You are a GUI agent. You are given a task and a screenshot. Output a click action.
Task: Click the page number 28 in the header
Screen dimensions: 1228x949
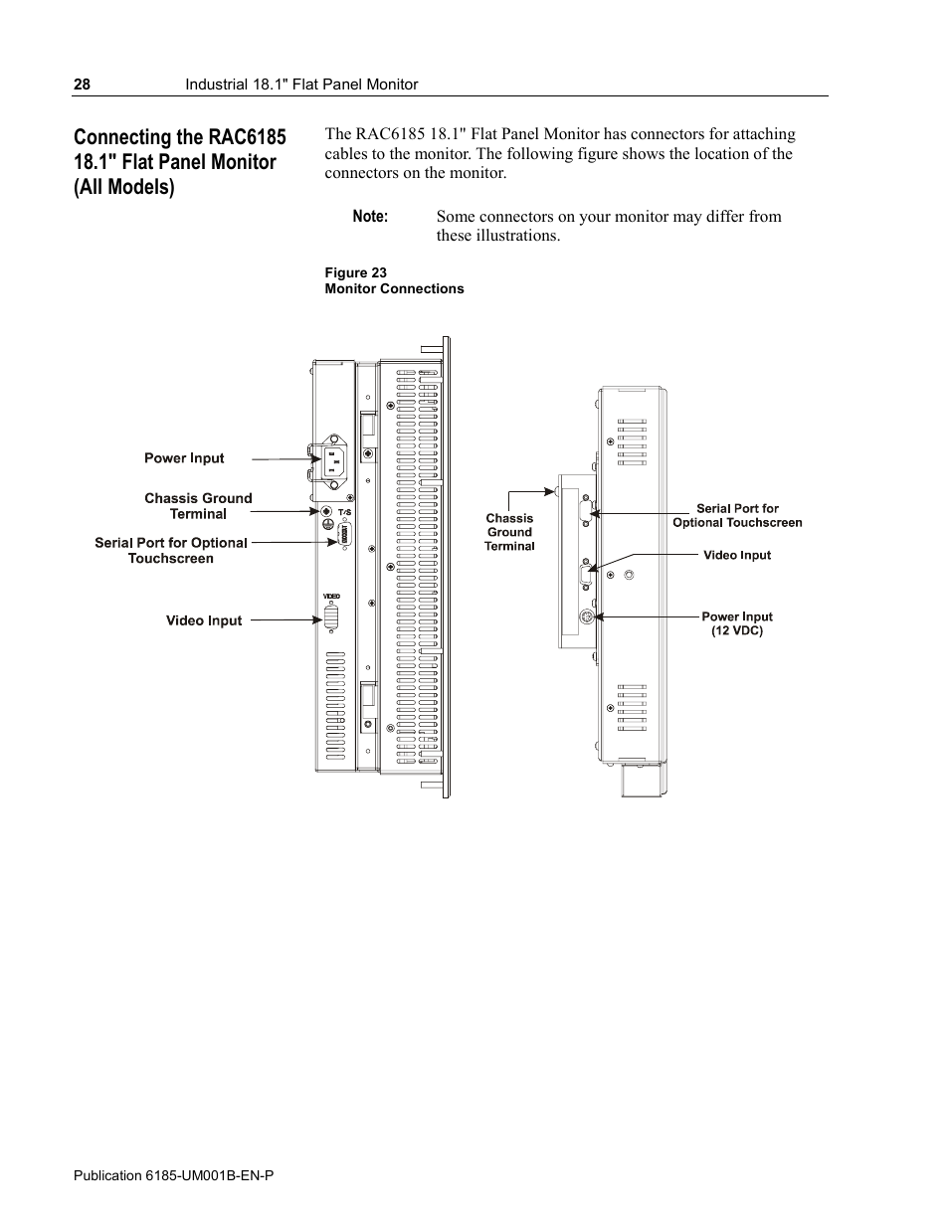pyautogui.click(x=82, y=85)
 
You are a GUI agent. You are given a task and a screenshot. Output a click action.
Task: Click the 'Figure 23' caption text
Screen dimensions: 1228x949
pyautogui.click(x=355, y=272)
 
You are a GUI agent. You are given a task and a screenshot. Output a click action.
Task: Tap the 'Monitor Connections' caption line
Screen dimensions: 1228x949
pyautogui.click(x=394, y=288)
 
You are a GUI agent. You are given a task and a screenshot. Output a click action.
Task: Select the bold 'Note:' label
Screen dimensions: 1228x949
pyautogui.click(x=370, y=217)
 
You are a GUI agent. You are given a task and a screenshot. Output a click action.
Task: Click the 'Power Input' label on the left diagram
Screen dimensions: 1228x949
pyautogui.click(x=184, y=458)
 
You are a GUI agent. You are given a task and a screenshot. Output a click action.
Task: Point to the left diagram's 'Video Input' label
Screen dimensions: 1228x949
pyautogui.click(x=204, y=620)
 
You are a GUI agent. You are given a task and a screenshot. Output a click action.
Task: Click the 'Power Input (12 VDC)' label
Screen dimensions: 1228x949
pyautogui.click(x=737, y=623)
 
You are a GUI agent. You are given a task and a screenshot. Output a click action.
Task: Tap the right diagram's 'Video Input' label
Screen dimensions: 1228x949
pyautogui.click(x=737, y=555)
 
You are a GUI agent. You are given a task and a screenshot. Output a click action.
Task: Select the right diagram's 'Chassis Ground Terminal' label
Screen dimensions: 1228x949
pyautogui.click(x=509, y=532)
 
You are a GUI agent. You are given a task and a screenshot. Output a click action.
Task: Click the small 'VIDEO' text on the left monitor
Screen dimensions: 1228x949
pyautogui.click(x=331, y=596)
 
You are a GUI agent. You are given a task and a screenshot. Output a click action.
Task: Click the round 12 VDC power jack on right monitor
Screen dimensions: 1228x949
pyautogui.click(x=588, y=617)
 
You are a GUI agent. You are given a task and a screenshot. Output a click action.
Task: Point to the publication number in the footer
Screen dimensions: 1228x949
pyautogui.click(x=174, y=1175)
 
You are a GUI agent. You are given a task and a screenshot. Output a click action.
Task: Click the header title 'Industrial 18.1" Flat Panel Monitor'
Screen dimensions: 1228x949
pyautogui.click(x=301, y=85)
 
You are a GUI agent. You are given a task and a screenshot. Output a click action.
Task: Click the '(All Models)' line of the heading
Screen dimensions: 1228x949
pyautogui.click(x=123, y=187)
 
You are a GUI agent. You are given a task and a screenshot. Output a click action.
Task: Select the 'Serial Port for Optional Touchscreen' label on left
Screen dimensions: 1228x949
pyautogui.click(x=171, y=550)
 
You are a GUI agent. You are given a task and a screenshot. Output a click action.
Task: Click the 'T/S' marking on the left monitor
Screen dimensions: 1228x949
pyautogui.click(x=345, y=512)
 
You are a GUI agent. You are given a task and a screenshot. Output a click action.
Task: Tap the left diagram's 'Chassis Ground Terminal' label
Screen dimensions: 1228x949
pyautogui.click(x=198, y=506)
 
